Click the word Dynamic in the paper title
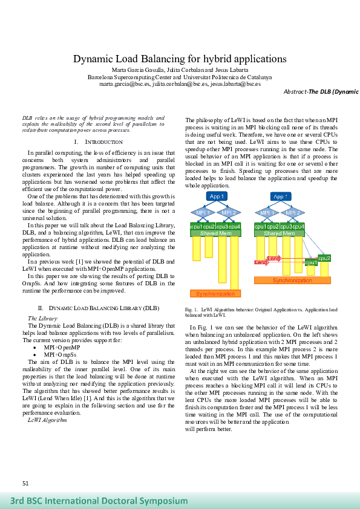[x=95, y=59]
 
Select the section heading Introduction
[x=97, y=141]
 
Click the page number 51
[x=25, y=484]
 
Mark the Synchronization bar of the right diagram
[x=292, y=280]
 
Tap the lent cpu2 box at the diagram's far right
[x=324, y=258]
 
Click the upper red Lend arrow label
[x=273, y=258]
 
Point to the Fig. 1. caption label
[x=191, y=310]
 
